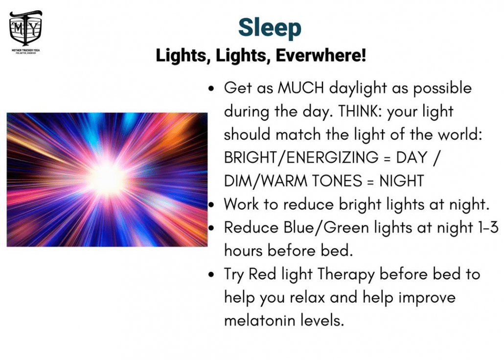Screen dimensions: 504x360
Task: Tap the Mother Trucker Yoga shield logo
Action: pos(25,28)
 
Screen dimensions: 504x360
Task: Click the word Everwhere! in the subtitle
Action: pos(321,55)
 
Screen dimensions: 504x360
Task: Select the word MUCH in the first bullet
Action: pos(301,88)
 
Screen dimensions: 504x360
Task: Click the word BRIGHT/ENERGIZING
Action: pos(301,158)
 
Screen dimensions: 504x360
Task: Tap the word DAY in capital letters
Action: pos(412,157)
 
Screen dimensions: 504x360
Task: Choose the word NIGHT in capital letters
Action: pos(402,181)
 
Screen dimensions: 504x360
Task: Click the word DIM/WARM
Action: pos(266,181)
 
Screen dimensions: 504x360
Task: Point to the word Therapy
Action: pos(346,275)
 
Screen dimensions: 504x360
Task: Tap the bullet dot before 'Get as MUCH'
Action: pos(211,89)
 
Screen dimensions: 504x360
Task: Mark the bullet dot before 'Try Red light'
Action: pos(211,275)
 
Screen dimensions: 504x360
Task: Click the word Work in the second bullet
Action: pos(241,204)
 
